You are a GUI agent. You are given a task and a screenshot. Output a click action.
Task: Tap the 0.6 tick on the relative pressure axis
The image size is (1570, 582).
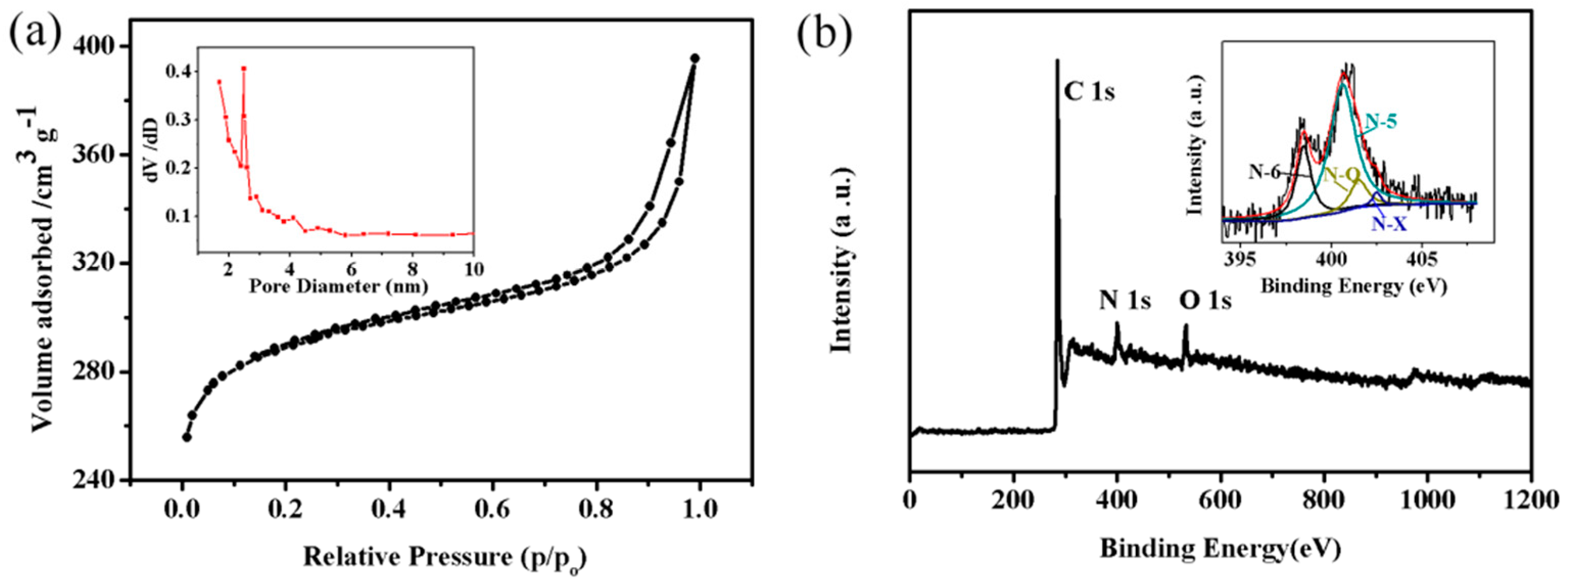(493, 508)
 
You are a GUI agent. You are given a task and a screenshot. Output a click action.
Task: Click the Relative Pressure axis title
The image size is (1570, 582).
(444, 557)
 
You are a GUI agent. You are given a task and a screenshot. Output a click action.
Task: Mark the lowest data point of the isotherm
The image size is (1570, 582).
(187, 437)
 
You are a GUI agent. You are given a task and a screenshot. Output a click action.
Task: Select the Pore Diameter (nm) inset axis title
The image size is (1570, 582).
(338, 285)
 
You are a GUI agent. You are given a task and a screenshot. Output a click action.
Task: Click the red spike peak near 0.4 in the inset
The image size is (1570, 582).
(244, 69)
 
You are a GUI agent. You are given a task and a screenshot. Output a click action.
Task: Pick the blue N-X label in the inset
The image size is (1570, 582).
(1389, 225)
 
